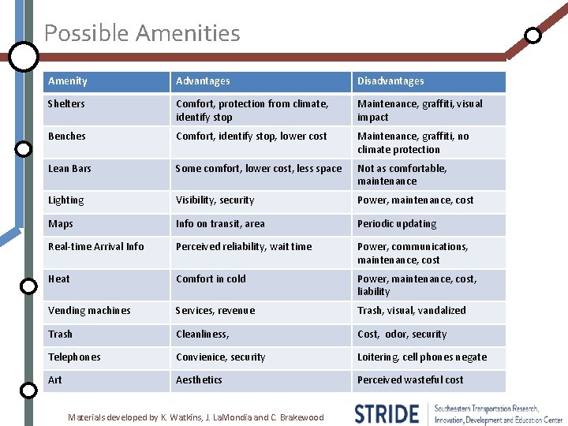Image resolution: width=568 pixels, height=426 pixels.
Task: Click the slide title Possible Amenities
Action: pos(142,33)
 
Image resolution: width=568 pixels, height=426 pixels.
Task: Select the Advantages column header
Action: pos(203,81)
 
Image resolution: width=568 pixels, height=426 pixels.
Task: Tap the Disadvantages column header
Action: pos(390,81)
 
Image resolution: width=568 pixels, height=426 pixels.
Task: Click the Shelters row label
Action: pos(66,104)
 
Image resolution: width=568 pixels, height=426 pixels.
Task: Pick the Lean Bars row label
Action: pos(69,169)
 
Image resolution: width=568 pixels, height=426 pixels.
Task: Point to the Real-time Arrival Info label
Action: pos(96,247)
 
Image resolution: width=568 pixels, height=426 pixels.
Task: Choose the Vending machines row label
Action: pos(89,311)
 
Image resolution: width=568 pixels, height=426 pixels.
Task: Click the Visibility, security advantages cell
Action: pos(215,200)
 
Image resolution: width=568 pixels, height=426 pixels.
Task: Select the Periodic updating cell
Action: pos(396,224)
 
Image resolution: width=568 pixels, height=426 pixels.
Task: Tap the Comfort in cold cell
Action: pos(211,278)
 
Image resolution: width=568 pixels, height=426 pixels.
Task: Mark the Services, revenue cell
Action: pos(215,311)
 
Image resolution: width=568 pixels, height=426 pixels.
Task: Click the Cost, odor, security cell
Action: pos(402,334)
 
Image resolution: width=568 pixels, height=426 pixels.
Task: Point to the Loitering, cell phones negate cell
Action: pos(422,357)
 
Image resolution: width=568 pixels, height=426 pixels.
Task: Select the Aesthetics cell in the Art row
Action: pos(199,380)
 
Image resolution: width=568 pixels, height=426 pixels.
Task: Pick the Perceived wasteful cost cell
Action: pos(410,380)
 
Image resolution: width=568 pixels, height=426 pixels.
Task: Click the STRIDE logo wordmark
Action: pos(387,413)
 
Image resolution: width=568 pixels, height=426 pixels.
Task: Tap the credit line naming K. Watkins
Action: pos(196,417)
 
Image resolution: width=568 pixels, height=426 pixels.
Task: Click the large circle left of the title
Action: pos(24,55)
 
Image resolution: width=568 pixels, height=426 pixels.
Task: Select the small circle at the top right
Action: pos(533,35)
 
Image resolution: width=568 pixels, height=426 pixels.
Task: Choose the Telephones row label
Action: pos(74,357)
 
